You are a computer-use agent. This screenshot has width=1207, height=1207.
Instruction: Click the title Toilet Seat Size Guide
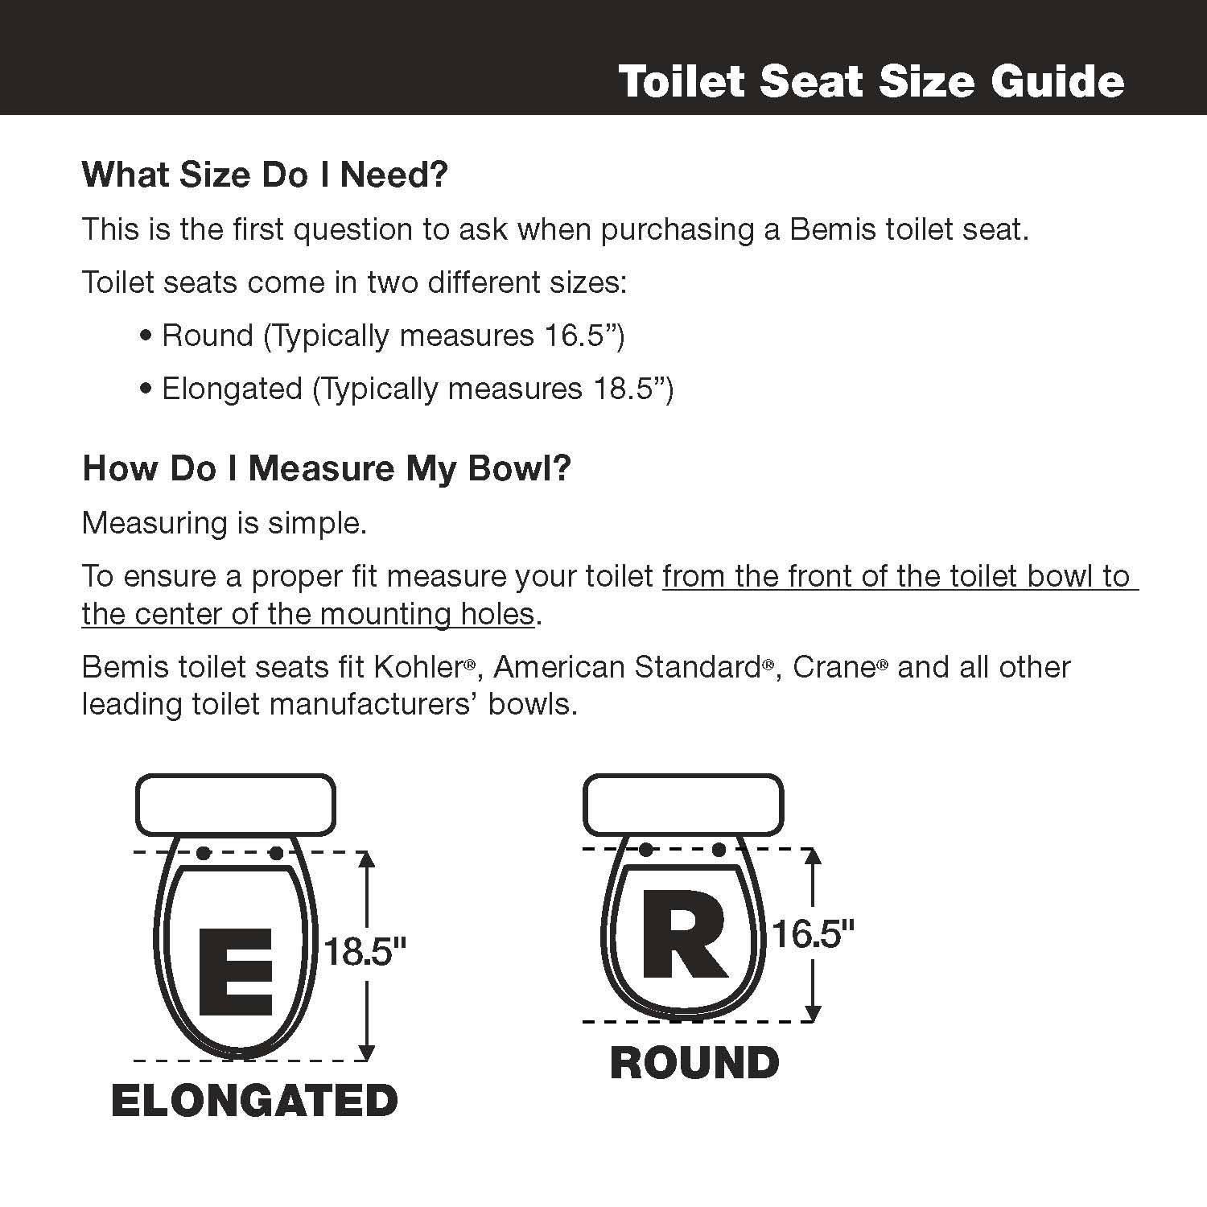click(x=871, y=82)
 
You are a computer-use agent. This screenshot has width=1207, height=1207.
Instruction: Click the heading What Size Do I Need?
click(x=264, y=175)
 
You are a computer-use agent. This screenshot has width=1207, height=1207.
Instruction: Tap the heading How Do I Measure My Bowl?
click(x=326, y=468)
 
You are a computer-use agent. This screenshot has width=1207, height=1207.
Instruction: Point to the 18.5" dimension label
click(x=365, y=951)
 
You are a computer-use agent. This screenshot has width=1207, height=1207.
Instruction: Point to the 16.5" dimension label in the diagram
click(x=812, y=934)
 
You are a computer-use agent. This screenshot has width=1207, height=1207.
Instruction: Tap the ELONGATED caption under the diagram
click(x=254, y=1101)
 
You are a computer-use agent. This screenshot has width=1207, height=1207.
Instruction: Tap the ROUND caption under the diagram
click(x=694, y=1063)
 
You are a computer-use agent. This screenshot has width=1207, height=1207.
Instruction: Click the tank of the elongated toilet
click(x=235, y=805)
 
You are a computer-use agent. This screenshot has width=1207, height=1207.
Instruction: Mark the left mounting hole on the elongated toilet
click(x=204, y=853)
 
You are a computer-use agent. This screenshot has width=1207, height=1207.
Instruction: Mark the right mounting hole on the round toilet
click(x=719, y=850)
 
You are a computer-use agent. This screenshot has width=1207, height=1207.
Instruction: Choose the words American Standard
click(x=628, y=667)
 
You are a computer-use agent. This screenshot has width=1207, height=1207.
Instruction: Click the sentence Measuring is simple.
click(x=225, y=523)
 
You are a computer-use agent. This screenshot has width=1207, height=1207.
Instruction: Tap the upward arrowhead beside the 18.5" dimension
click(x=367, y=859)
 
